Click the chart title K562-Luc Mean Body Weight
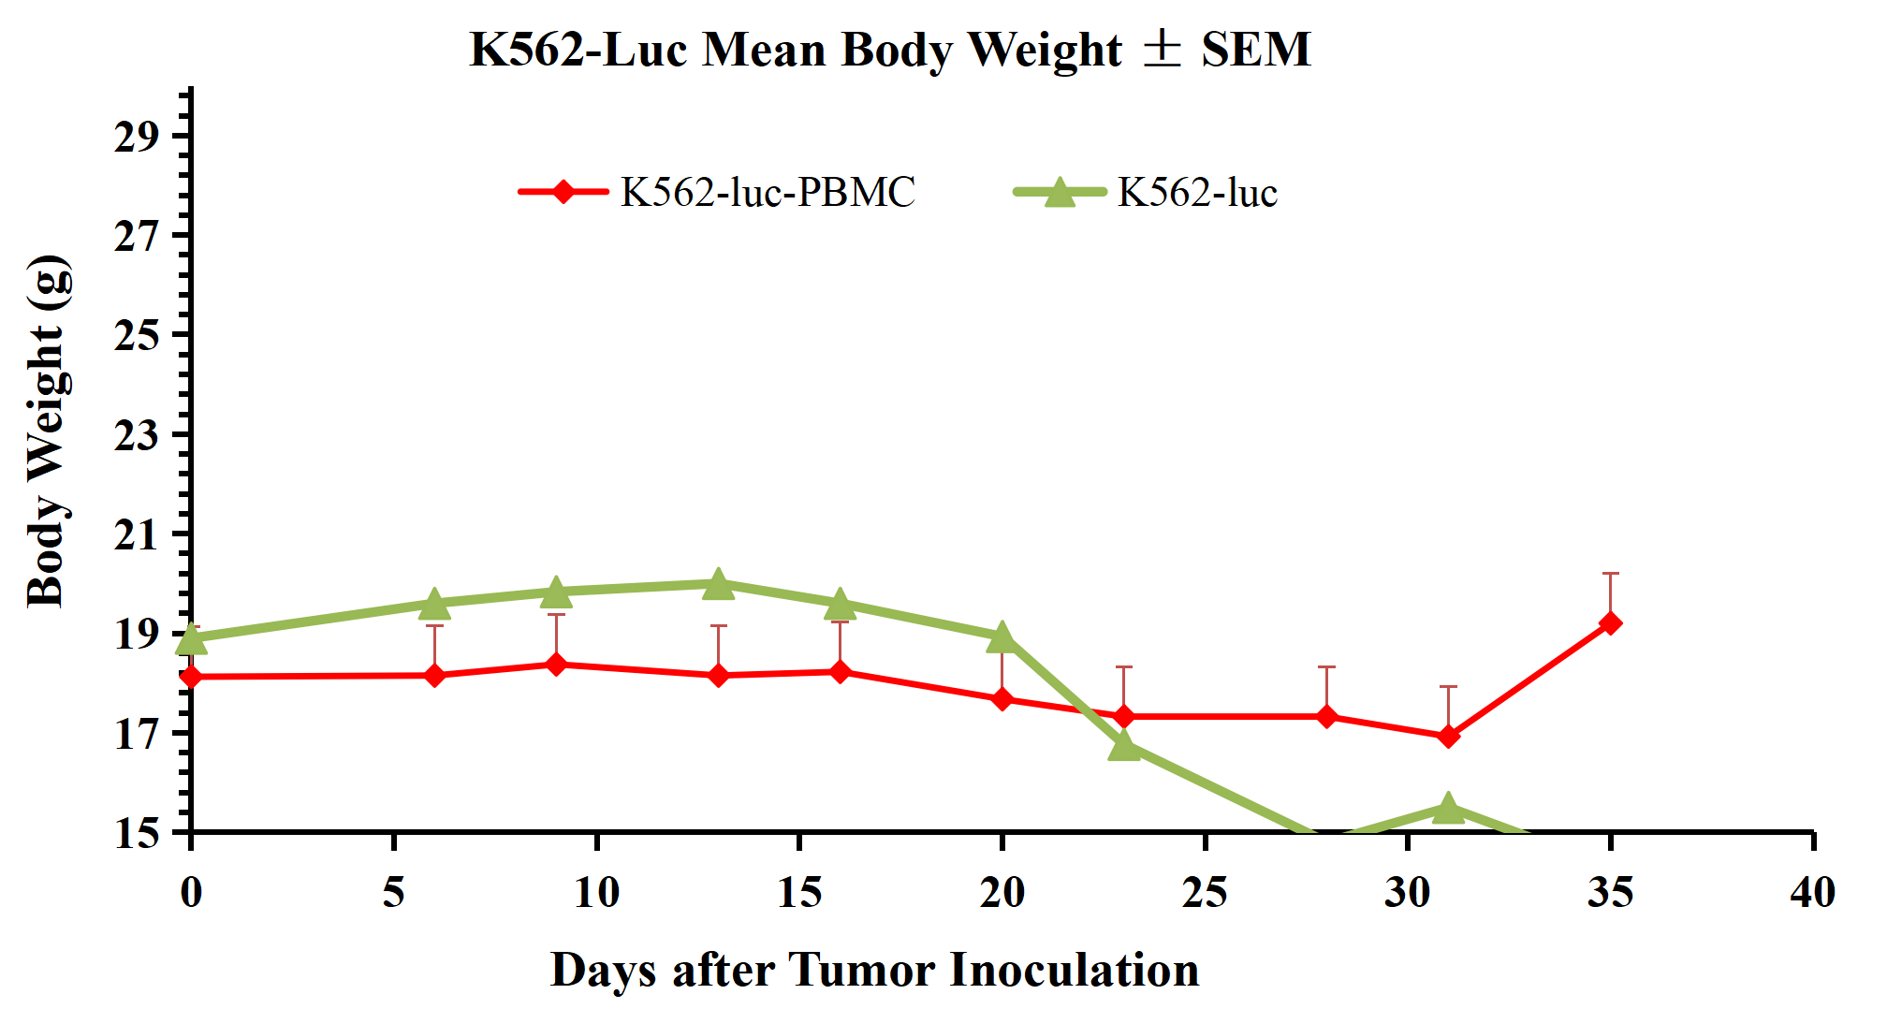click(889, 49)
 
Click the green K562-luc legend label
click(1197, 192)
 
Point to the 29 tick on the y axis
click(137, 136)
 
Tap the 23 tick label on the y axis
click(137, 434)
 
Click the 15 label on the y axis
click(137, 832)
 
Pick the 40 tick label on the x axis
click(1812, 892)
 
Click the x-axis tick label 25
click(1205, 892)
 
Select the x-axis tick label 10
click(596, 892)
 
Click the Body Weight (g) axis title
click(47, 431)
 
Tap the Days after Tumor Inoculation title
click(874, 970)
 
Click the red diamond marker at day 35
click(1610, 623)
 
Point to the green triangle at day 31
click(1448, 808)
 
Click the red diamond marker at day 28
click(1326, 716)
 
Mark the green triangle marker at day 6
click(434, 605)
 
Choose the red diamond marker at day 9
click(556, 665)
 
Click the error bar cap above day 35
click(1610, 573)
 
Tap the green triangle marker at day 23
click(1124, 746)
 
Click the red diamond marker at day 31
click(1448, 737)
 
